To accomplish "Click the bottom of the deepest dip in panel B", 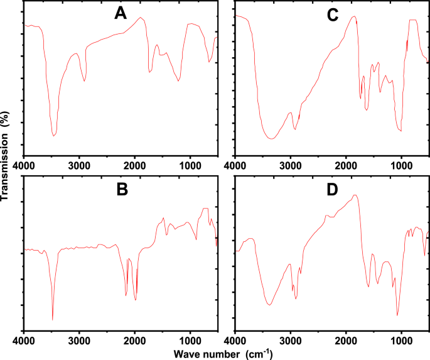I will click(x=53, y=320).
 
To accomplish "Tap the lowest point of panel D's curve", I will click(x=397, y=315).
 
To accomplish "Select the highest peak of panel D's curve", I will click(x=356, y=195).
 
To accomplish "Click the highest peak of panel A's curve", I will click(x=140, y=18).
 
